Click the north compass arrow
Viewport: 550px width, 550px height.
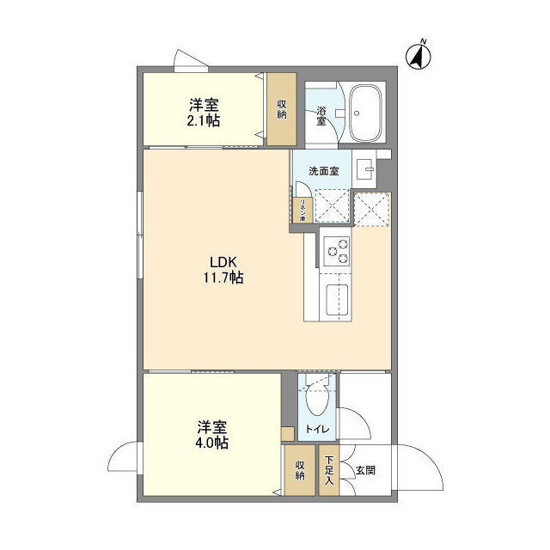419,55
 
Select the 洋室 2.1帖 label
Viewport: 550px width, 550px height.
204,113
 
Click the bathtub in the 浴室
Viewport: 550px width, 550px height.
369,113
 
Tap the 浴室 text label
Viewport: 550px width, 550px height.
321,115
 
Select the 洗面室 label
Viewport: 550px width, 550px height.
323,170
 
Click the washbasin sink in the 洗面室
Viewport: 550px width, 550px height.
365,168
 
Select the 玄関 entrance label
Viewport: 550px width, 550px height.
365,470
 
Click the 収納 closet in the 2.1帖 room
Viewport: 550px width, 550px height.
281,109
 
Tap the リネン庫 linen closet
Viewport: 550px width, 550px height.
302,209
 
